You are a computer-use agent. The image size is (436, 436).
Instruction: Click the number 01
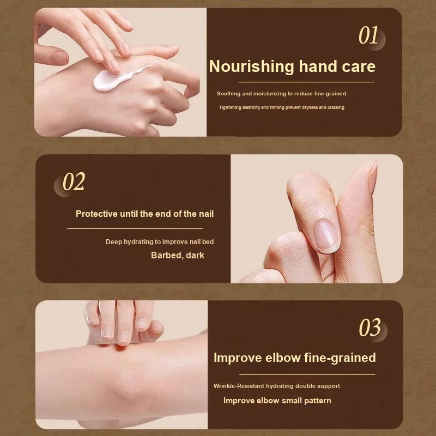tap(368, 35)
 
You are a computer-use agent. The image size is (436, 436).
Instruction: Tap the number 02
tap(74, 181)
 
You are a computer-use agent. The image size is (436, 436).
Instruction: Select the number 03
tap(370, 328)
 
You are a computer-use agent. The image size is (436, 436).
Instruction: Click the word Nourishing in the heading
tap(251, 66)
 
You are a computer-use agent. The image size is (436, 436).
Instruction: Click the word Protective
tap(96, 214)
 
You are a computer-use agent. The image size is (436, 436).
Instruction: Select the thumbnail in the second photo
tap(326, 236)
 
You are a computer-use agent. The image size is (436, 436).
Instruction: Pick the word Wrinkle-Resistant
tap(239, 386)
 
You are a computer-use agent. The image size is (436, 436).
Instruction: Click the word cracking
tap(336, 107)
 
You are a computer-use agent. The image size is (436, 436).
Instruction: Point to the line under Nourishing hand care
tap(306, 82)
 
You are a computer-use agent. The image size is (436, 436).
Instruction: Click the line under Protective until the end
tap(135, 228)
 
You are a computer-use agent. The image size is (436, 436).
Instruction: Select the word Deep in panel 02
tap(114, 242)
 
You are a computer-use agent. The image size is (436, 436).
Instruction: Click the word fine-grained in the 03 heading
tap(340, 358)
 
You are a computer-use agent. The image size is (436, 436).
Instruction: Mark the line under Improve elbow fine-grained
tap(307, 374)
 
